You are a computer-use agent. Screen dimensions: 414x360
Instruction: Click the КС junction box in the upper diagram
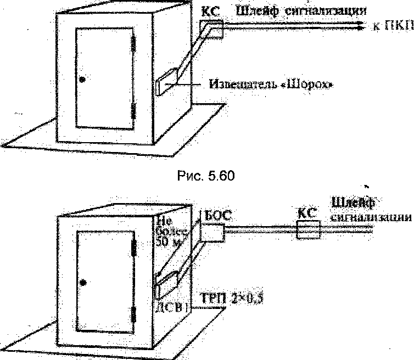pyautogui.click(x=212, y=29)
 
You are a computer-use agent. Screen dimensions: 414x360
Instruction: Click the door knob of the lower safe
pyautogui.click(x=83, y=282)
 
